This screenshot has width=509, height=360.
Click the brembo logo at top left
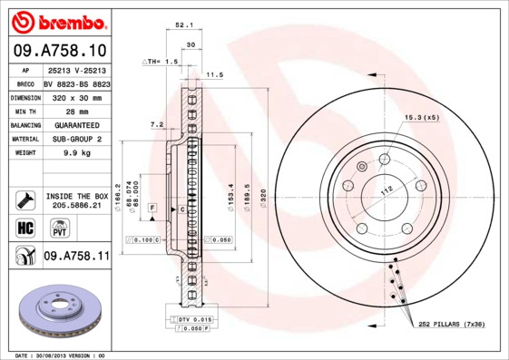click(x=55, y=21)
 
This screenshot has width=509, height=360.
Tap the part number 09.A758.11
click(x=76, y=257)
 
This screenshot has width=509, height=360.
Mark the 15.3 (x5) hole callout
click(x=421, y=117)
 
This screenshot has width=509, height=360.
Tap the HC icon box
click(x=24, y=227)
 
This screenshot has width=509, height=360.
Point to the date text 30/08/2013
click(x=56, y=355)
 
